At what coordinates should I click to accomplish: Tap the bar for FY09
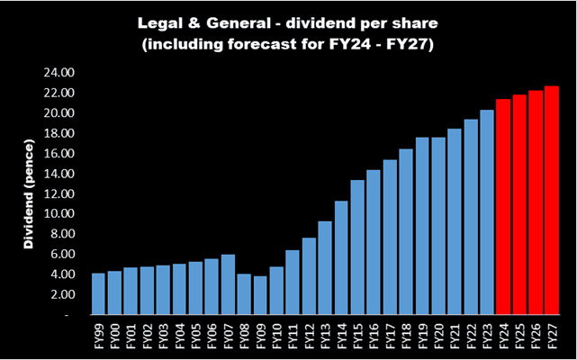pyautogui.click(x=260, y=296)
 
